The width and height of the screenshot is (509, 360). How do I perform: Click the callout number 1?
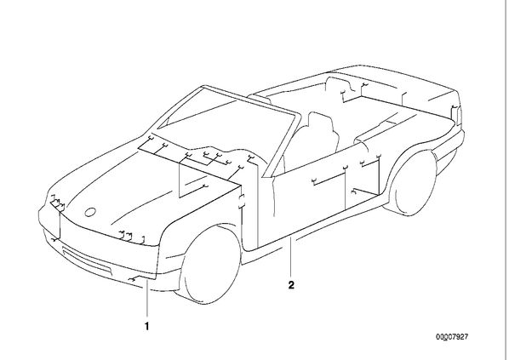(x=147, y=326)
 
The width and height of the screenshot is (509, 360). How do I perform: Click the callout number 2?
(x=291, y=285)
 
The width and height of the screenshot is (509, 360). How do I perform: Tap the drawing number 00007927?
(x=452, y=337)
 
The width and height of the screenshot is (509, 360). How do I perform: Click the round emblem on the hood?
(x=90, y=212)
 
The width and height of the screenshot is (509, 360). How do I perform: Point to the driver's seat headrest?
(x=320, y=121)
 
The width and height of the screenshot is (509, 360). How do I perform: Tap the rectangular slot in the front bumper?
(x=87, y=258)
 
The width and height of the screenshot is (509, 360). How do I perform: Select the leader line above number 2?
(x=291, y=257)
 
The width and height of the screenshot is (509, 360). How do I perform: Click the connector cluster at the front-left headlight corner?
(x=58, y=203)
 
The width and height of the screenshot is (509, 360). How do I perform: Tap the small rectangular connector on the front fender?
(x=243, y=202)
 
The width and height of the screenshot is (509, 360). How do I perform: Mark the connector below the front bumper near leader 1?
(x=133, y=279)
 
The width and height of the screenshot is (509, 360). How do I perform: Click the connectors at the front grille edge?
(x=131, y=237)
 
